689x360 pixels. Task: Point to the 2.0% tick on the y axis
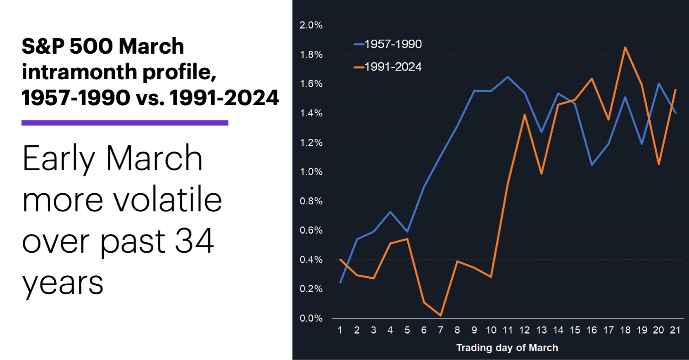311,25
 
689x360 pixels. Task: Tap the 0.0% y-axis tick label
311,318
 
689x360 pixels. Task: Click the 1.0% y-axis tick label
311,172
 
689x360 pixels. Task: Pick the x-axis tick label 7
440,330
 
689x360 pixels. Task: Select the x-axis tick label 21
675,330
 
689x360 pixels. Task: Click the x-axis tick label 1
340,330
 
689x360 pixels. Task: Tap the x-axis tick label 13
541,330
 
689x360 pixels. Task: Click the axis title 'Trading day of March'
507,348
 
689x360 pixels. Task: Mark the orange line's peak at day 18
625,47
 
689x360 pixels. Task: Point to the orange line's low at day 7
441,316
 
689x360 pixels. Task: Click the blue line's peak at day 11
508,77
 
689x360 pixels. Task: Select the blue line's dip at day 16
592,165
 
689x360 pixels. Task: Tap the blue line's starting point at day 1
340,282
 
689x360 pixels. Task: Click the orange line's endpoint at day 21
675,90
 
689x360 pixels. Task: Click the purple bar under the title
125,123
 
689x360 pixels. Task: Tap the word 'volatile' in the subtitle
167,200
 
